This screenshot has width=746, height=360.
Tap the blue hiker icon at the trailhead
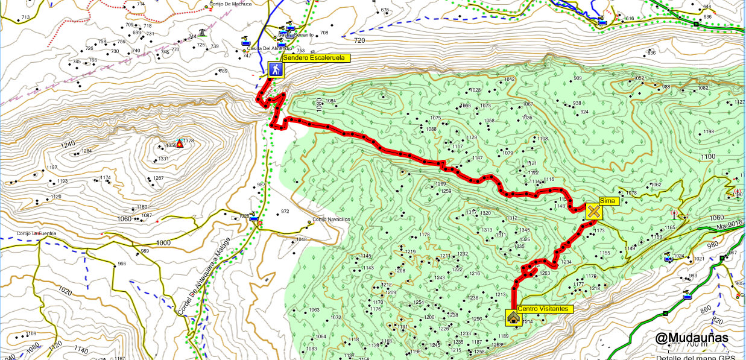(276, 70)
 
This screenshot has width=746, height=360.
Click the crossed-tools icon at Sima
(594, 212)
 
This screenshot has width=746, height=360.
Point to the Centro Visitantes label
(543, 309)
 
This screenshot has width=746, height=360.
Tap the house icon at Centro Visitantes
(513, 317)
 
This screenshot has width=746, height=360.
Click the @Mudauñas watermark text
(692, 338)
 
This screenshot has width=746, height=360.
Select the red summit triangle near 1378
(179, 145)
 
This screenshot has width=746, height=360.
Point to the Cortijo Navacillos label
(330, 219)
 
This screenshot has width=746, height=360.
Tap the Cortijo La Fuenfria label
(36, 233)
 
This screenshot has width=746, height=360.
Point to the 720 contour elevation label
(359, 40)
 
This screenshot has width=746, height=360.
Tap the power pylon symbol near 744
(202, 33)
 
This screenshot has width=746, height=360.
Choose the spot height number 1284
(86, 151)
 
